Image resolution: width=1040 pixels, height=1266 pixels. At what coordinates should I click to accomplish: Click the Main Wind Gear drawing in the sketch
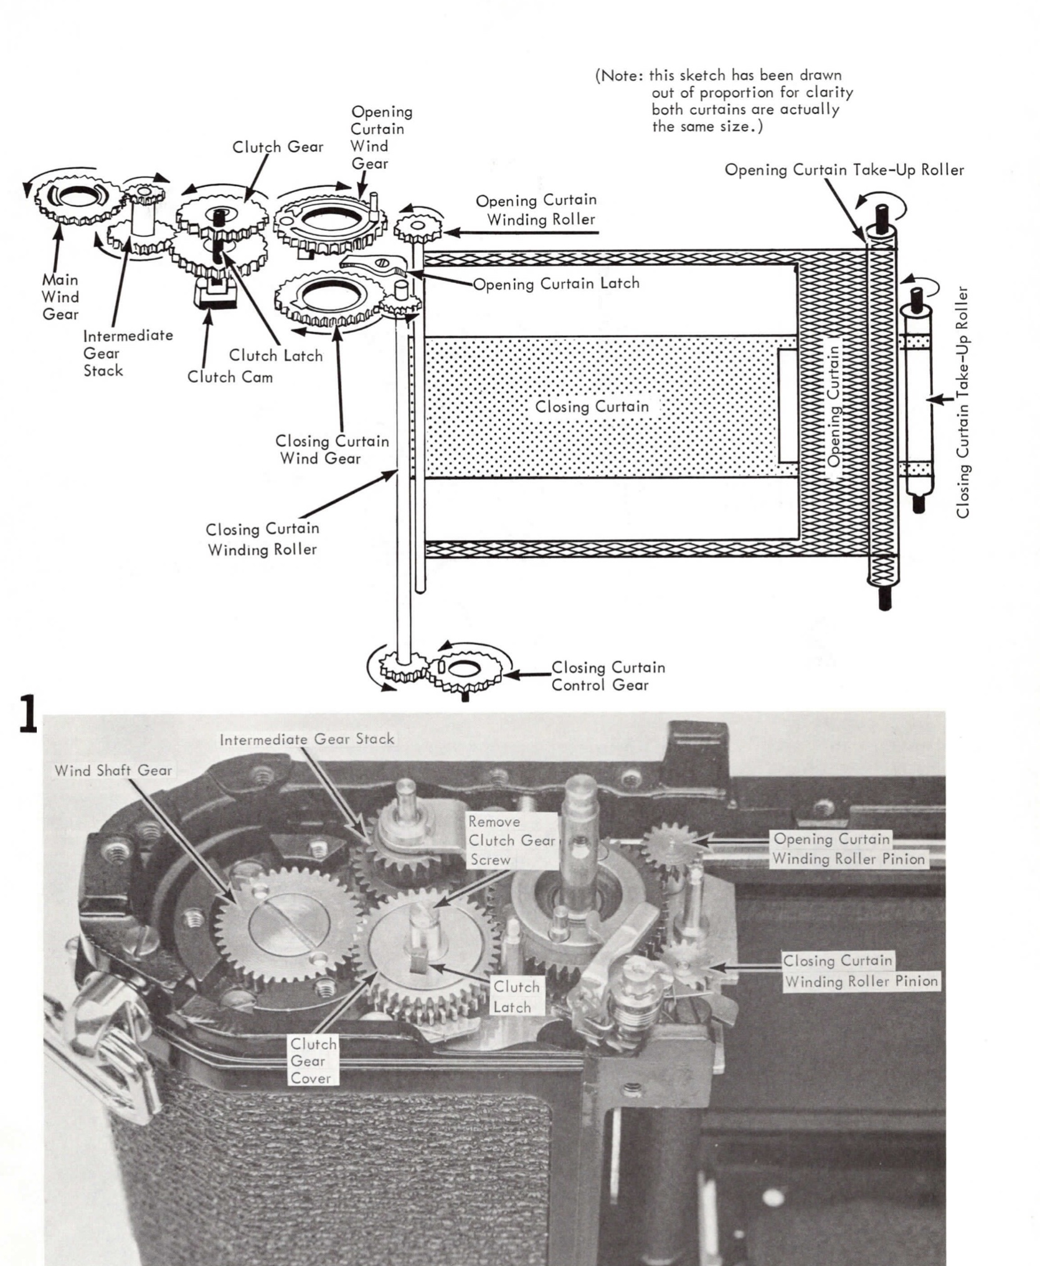pos(77,199)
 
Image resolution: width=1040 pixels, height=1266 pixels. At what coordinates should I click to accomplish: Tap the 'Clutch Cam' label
pos(230,377)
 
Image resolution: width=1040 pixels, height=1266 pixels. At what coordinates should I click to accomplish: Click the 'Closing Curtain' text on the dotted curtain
pos(592,407)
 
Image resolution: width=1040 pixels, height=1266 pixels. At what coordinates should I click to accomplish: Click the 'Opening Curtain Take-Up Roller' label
pos(844,170)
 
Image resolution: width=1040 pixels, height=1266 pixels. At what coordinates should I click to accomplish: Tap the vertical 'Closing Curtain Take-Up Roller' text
pos(963,402)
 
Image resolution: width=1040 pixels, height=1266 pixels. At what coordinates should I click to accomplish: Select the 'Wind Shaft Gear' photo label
pos(113,771)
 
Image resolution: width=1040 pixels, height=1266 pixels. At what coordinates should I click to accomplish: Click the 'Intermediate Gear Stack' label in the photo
pos(306,740)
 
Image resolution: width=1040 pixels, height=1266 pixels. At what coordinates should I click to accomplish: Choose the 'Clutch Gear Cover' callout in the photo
pos(313,1061)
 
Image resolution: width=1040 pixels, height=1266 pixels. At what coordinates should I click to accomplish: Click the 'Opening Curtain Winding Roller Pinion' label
pos(848,849)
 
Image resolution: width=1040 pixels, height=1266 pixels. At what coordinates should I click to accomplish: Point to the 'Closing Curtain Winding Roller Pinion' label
pos(861,971)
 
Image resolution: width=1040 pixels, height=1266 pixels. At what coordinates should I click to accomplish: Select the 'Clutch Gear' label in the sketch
pos(278,147)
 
